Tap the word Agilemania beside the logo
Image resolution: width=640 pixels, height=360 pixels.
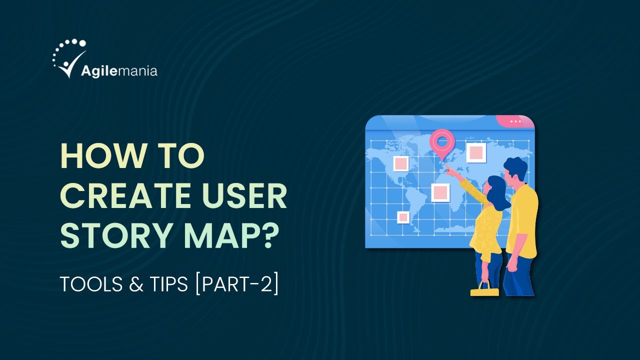(119, 70)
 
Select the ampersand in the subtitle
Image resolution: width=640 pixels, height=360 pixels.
(134, 284)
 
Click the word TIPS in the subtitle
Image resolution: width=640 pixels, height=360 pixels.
(164, 284)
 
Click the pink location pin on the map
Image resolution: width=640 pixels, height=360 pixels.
(441, 142)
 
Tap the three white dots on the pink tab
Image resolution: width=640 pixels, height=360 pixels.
(515, 121)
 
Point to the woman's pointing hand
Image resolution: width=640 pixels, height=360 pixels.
(448, 171)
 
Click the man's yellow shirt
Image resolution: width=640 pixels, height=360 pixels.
(522, 220)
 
